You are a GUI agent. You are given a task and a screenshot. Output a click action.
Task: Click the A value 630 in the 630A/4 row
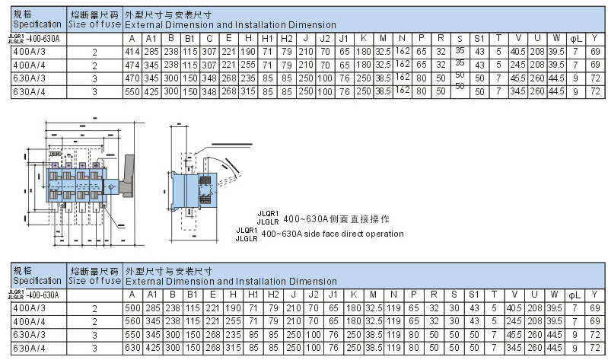tap(132, 347)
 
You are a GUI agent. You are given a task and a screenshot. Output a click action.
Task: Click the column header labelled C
tap(209, 39)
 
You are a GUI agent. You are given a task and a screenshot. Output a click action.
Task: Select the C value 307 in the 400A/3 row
tap(209, 52)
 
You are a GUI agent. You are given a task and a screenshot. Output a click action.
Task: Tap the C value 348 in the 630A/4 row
tap(209, 91)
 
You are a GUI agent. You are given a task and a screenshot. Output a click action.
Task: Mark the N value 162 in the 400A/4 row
tap(401, 63)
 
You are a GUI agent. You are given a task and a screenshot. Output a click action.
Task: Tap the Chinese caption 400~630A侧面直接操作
tap(336, 219)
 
